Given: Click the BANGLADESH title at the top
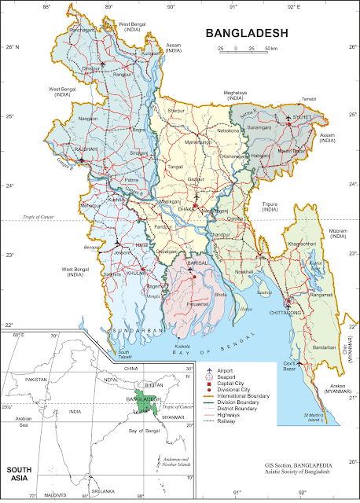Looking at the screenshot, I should (246, 33).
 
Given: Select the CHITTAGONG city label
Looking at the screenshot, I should (286, 312).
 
